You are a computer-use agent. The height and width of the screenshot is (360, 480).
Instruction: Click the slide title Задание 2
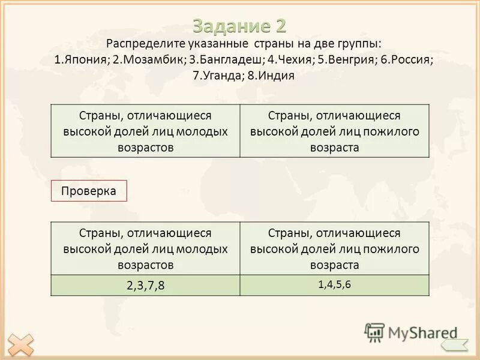click(240, 25)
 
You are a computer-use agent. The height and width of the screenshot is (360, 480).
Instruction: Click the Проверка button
click(89, 190)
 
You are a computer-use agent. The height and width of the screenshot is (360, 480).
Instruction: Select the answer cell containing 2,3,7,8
click(146, 286)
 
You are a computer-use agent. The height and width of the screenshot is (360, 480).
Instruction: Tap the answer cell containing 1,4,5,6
click(334, 284)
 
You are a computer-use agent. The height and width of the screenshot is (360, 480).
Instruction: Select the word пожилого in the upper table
click(392, 131)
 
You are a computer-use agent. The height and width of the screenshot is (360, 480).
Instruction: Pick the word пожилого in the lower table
click(392, 248)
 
